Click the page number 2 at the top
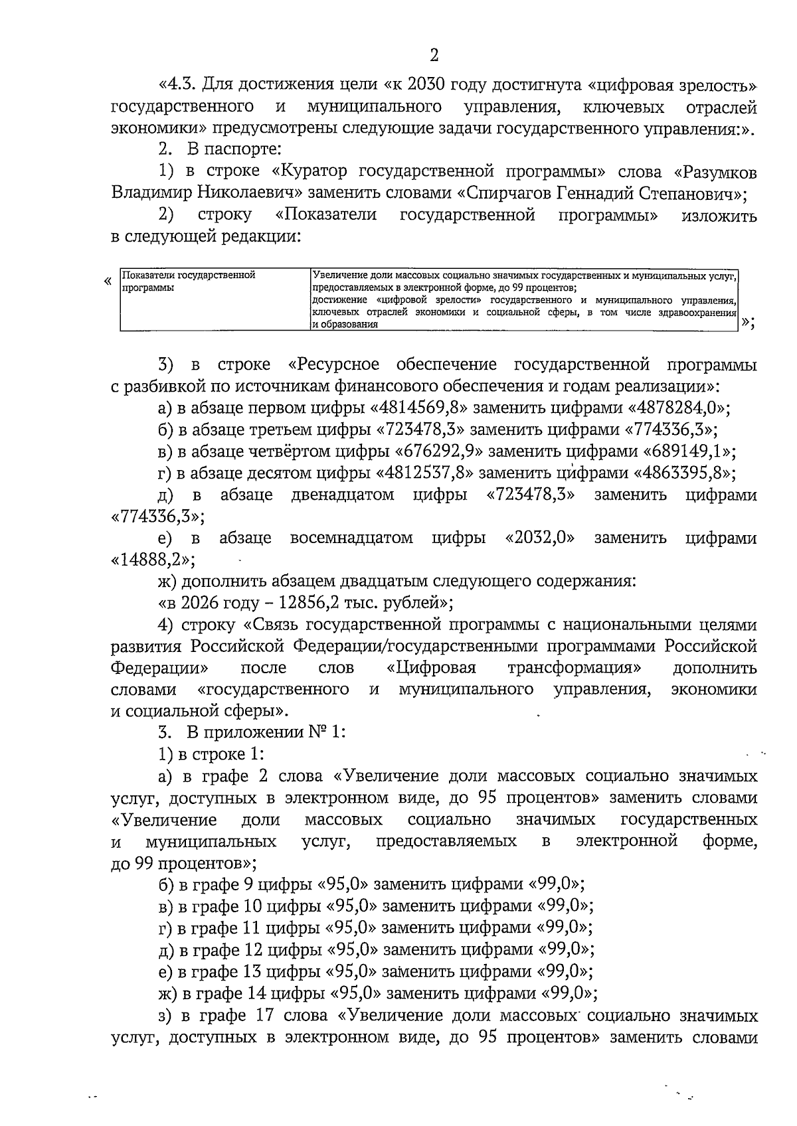click(434, 55)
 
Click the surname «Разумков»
click(716, 172)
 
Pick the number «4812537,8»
click(424, 473)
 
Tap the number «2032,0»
click(539, 538)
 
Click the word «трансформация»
click(575, 667)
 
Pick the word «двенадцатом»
click(343, 495)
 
